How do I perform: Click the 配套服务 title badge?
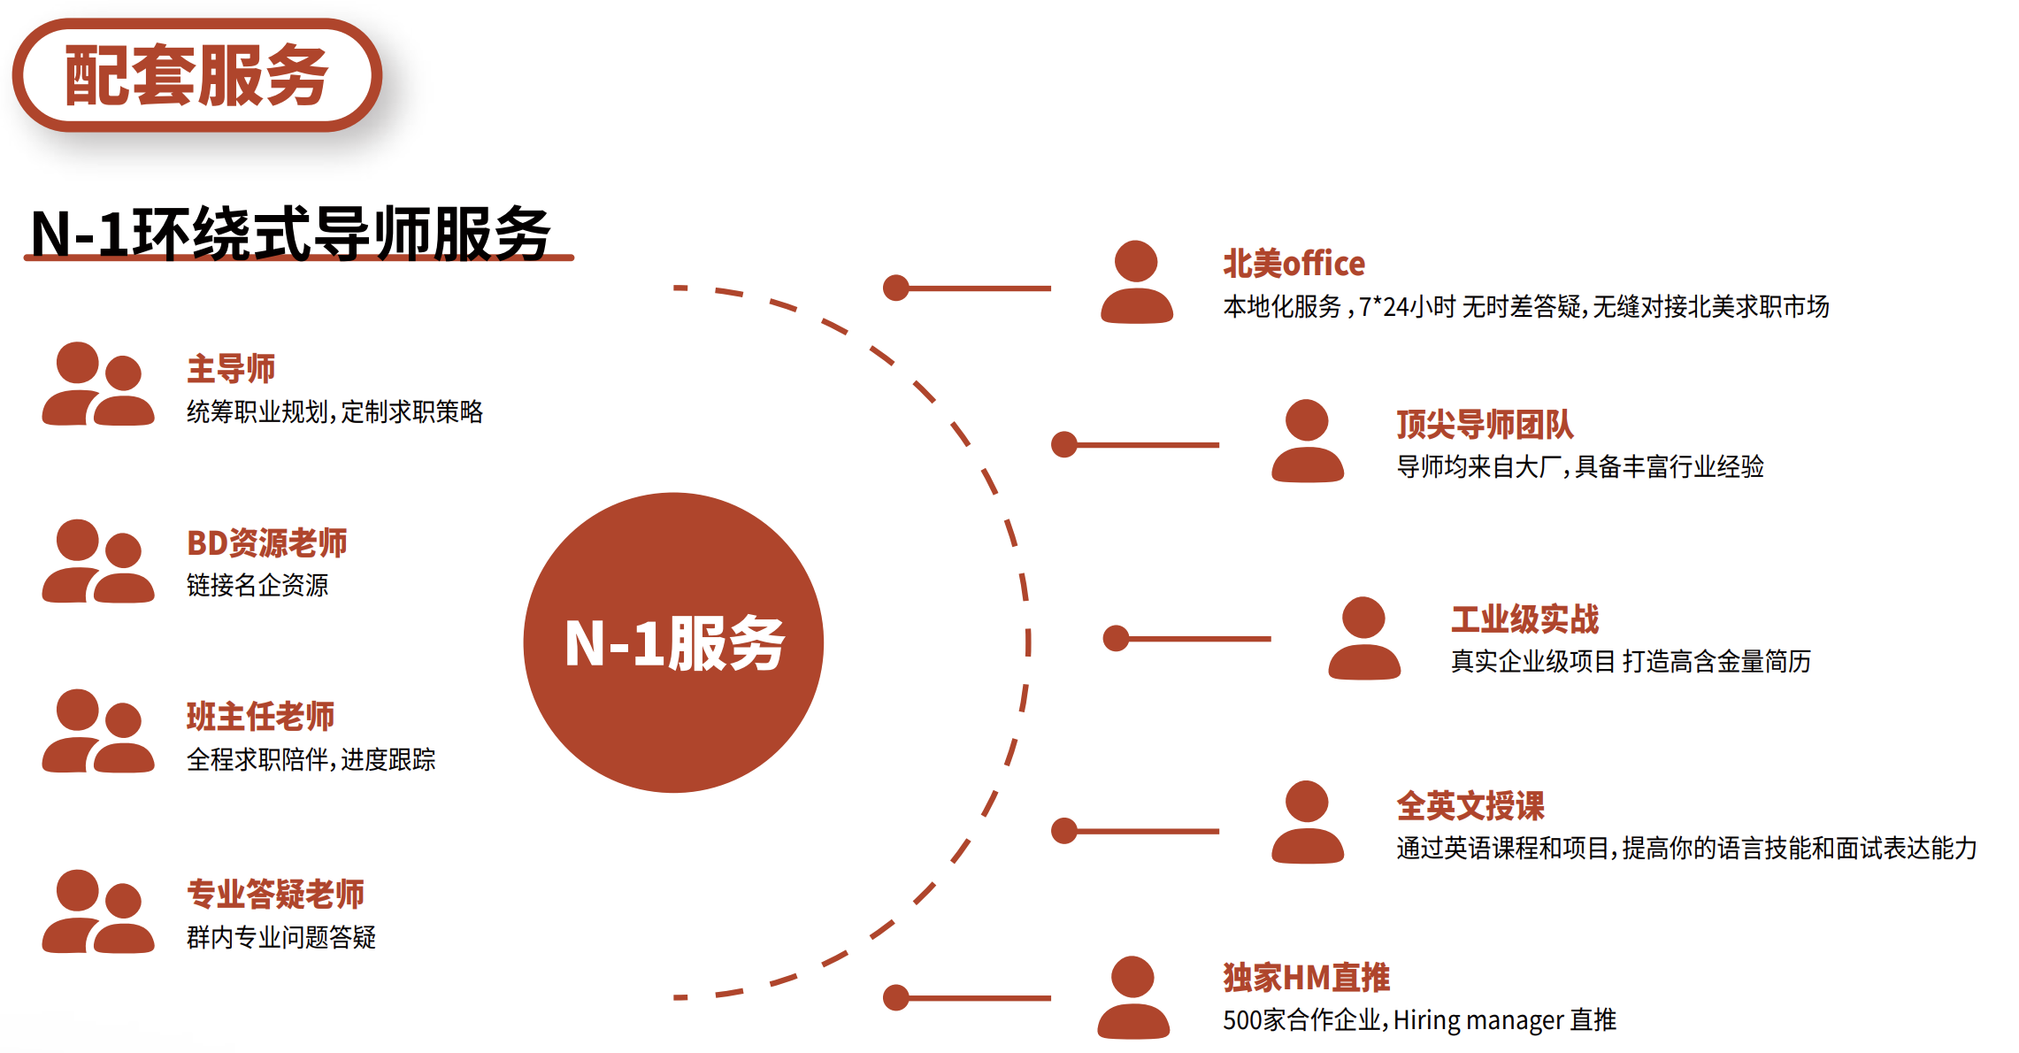pos(196,75)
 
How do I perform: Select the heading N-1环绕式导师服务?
pos(290,234)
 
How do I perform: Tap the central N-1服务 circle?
pos(673,642)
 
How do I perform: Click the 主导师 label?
pos(231,369)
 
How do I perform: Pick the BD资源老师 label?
pos(266,542)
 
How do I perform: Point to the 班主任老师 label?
pos(260,716)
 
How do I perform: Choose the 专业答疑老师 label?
pos(275,894)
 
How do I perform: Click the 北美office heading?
pos(1294,264)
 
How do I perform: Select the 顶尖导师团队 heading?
pos(1485,425)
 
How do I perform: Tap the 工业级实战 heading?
pos(1524,619)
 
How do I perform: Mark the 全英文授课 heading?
pos(1470,806)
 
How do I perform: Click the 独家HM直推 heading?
pos(1306,978)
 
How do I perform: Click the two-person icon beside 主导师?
pos(98,384)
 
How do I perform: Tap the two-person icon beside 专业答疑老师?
pos(98,911)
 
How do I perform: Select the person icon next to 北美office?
pos(1137,281)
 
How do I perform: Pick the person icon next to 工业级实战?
pos(1364,638)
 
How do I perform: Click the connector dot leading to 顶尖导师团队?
pos(1064,444)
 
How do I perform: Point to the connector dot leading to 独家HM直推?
pos(896,997)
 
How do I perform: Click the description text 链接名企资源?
pos(257,585)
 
